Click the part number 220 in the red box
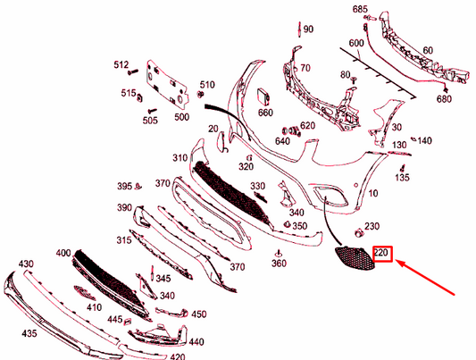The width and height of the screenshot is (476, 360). [381, 252]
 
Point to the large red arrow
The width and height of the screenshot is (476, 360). [425, 277]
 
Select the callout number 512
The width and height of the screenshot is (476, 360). [121, 64]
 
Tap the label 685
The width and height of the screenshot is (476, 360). [360, 10]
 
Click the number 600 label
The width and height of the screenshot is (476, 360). [356, 43]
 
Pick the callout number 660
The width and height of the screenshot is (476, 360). [265, 113]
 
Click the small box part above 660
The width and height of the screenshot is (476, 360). [263, 96]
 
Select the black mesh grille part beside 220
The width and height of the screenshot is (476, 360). [355, 257]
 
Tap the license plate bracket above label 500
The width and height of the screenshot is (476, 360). [166, 84]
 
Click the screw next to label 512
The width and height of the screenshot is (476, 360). [133, 72]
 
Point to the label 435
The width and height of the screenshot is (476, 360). [29, 333]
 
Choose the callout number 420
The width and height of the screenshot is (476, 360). [178, 356]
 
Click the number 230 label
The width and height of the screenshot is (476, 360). [372, 226]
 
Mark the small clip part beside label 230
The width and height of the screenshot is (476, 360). [359, 233]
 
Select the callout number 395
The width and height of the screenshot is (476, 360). [125, 186]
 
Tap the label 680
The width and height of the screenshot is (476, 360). [444, 99]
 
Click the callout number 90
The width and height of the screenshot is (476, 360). [308, 29]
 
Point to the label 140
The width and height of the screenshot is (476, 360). [425, 140]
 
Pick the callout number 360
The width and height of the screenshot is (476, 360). [279, 264]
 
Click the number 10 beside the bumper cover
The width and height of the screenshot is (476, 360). [373, 193]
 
